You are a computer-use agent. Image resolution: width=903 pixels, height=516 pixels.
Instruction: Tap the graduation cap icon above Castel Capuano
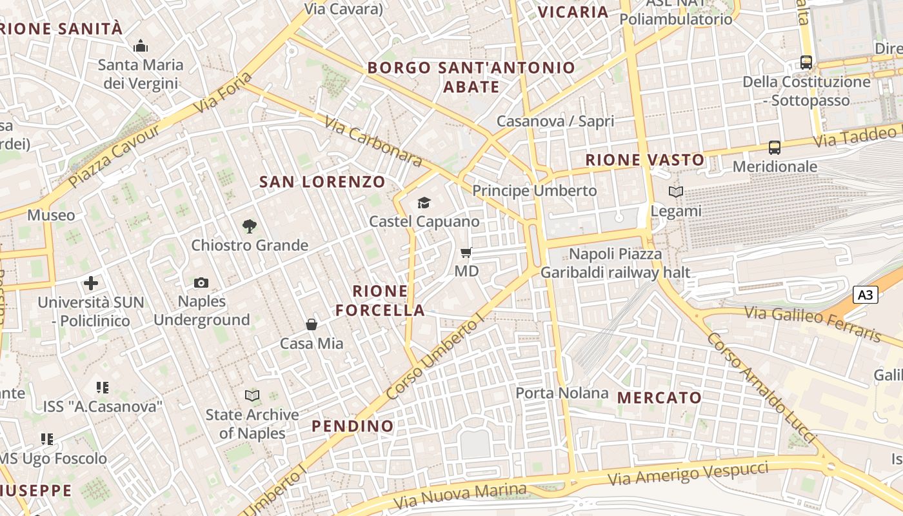tap(423, 203)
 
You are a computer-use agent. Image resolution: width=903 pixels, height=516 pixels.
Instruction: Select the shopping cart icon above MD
tap(466, 253)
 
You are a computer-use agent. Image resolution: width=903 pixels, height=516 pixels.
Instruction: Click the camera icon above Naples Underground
tap(201, 283)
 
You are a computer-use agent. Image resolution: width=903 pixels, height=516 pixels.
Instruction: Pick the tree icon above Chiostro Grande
tap(250, 226)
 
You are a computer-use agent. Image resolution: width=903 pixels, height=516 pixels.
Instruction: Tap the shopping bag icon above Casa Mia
tap(312, 324)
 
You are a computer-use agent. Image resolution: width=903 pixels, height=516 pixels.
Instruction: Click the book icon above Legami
tap(675, 192)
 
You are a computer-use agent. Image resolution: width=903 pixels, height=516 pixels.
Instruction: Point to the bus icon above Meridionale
tap(775, 148)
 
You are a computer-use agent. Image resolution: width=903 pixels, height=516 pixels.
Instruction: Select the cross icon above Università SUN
tap(91, 283)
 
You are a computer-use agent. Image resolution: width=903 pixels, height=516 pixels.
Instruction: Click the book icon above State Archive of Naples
tap(252, 395)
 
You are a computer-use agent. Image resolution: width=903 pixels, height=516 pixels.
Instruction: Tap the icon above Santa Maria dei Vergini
tap(140, 46)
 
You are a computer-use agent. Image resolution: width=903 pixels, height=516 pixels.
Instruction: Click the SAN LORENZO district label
tap(322, 182)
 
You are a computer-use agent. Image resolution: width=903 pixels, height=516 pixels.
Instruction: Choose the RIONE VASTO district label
tap(645, 160)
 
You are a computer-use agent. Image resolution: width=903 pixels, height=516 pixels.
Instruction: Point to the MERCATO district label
tap(659, 397)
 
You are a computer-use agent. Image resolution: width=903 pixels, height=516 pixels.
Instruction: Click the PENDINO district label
tap(352, 426)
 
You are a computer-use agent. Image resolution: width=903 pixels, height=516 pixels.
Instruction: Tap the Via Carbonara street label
tap(373, 141)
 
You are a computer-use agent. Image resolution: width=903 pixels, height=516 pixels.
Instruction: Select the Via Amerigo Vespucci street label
tap(688, 475)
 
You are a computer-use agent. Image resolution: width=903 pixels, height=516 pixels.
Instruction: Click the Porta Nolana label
tap(562, 393)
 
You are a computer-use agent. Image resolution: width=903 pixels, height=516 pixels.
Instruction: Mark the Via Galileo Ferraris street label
tap(813, 323)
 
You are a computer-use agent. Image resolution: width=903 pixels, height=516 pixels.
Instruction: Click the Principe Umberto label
tap(535, 191)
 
